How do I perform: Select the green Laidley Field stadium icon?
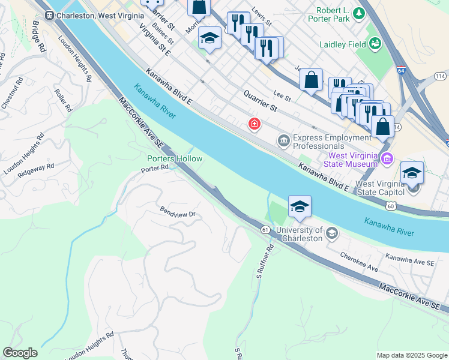click(x=375, y=43)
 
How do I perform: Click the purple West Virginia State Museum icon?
click(x=387, y=159)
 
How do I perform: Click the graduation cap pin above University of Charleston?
click(x=300, y=208)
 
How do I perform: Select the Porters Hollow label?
click(x=175, y=158)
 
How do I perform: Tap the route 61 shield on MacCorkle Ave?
click(x=265, y=230)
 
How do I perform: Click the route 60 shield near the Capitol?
click(x=390, y=206)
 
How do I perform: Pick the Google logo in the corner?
click(x=20, y=353)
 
